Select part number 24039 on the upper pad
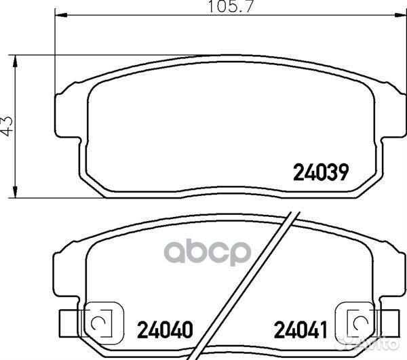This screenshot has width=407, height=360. click(320, 173)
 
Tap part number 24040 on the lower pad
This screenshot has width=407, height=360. click(165, 330)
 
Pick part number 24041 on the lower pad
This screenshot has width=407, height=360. click(301, 330)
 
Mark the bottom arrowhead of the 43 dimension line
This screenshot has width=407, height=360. click(15, 192)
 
